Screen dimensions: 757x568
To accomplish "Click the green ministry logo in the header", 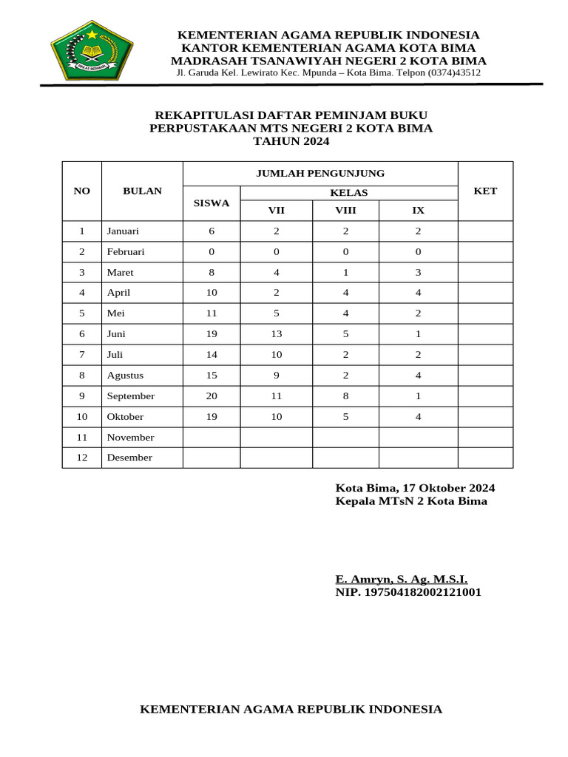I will (x=92, y=53).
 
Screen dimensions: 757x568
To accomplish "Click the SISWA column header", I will (x=212, y=203).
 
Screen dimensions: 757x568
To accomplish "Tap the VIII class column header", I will (x=345, y=211).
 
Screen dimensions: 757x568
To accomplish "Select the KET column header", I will (x=485, y=191).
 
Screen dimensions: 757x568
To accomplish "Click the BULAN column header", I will (x=142, y=191).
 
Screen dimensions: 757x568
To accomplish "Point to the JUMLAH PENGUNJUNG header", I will (x=320, y=173).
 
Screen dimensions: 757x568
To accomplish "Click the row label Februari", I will (x=126, y=252).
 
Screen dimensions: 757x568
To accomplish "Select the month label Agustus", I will (x=125, y=376).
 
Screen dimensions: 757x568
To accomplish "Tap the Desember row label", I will (x=129, y=458).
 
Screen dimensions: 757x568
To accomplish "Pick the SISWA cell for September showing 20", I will (x=212, y=396).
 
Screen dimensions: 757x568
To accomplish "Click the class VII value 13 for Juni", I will (x=277, y=334).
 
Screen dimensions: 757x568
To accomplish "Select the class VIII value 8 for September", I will (x=345, y=396).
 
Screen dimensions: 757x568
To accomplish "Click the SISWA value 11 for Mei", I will (x=212, y=313).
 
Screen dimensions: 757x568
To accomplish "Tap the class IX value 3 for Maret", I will (x=418, y=273).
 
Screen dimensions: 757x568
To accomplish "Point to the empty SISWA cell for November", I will (x=212, y=438).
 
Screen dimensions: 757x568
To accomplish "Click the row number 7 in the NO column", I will (x=82, y=355).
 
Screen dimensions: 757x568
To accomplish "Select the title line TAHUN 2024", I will (x=291, y=141).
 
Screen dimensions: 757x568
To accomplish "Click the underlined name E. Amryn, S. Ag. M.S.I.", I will (x=401, y=580).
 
